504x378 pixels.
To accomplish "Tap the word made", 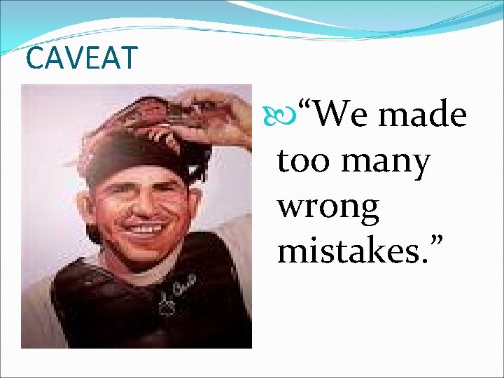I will (423, 115).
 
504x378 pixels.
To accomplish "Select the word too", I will (302, 161).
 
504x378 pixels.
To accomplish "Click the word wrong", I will (328, 208).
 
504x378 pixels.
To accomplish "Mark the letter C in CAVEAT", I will (34, 58).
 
